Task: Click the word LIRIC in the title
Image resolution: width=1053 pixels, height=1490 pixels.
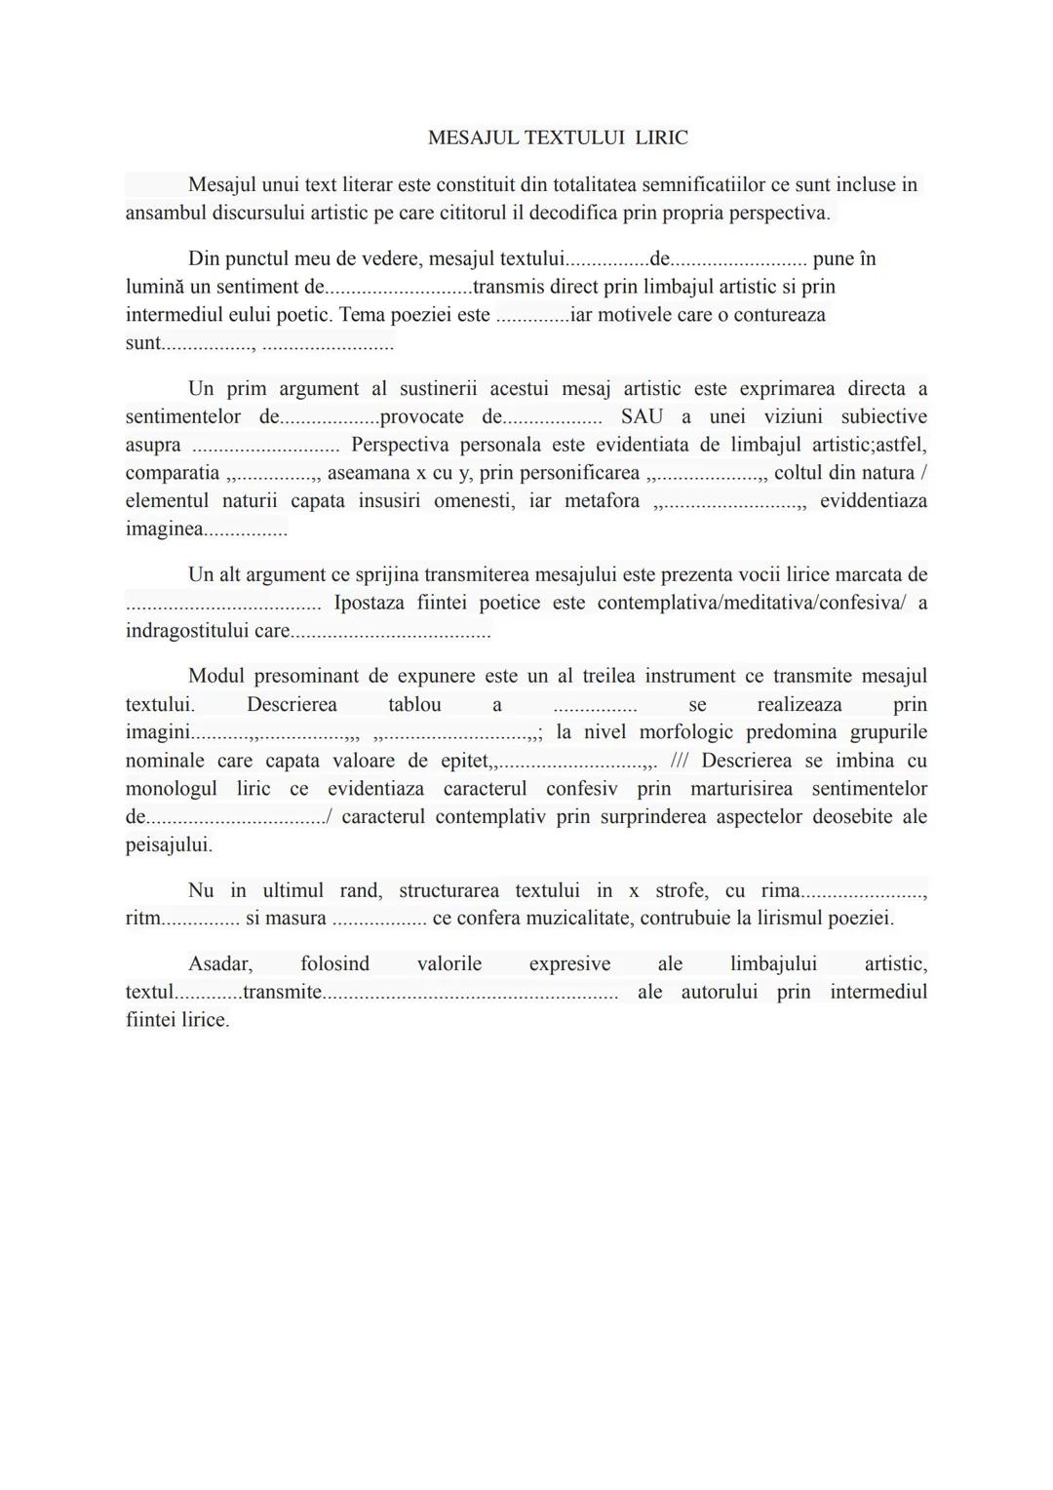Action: [661, 137]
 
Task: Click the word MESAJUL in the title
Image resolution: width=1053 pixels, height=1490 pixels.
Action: [472, 137]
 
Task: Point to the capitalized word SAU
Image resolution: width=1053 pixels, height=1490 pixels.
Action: [642, 416]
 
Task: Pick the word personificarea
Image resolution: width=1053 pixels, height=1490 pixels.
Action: [579, 473]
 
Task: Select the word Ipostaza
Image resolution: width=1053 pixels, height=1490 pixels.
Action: [369, 603]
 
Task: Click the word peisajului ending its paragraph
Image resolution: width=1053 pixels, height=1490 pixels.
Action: [168, 844]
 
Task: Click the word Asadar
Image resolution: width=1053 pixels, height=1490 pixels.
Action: [219, 963]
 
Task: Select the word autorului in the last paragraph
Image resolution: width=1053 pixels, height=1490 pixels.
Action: [721, 992]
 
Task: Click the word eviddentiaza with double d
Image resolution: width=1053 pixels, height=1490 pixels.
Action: [873, 501]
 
